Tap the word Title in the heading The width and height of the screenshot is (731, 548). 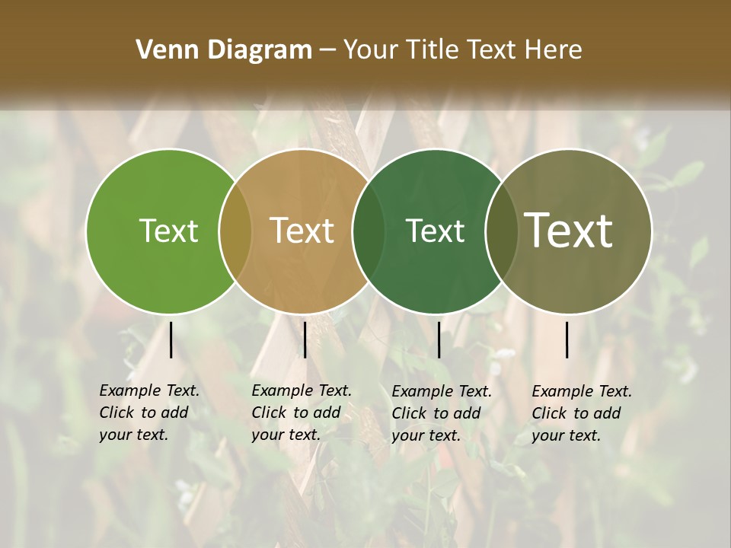(432, 50)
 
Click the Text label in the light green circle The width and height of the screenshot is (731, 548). (168, 231)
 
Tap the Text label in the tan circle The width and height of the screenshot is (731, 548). (302, 231)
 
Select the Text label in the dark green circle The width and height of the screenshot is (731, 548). (435, 231)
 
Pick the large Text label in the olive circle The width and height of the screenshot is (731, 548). (569, 230)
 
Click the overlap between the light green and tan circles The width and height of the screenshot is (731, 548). (235, 231)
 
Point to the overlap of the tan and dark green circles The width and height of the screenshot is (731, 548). (369, 231)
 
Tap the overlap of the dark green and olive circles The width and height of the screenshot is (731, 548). (502, 231)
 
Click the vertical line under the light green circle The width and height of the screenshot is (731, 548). (171, 339)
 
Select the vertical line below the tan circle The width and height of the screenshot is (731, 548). (305, 339)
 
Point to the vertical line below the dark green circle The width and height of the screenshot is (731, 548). (439, 339)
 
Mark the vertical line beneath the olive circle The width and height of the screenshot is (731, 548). (567, 339)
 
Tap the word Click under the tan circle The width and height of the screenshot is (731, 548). (268, 413)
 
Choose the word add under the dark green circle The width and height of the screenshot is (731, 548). (467, 413)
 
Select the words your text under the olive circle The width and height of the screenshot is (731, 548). (566, 435)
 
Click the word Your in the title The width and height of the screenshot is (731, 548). (371, 50)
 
